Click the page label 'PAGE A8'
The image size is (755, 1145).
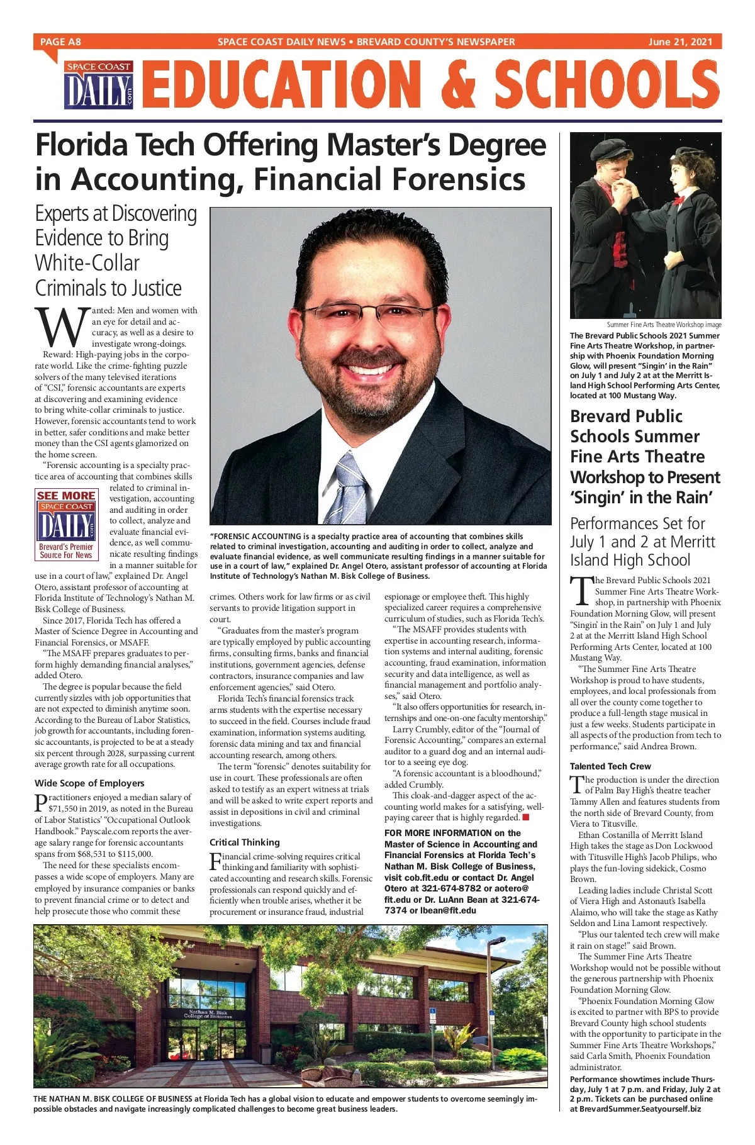click(x=60, y=42)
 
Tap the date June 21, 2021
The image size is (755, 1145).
click(x=680, y=42)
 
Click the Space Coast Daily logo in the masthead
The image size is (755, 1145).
click(x=99, y=86)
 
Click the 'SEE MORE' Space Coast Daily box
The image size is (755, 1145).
click(x=66, y=524)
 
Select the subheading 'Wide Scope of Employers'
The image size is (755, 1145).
click(x=89, y=783)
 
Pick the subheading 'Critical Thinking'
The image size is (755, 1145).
click(x=245, y=842)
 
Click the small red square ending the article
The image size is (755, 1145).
click(x=525, y=817)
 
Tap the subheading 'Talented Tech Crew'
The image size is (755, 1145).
click(x=610, y=766)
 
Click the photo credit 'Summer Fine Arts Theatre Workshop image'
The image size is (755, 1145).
click(x=664, y=325)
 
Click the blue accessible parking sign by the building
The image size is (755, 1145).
click(x=432, y=1014)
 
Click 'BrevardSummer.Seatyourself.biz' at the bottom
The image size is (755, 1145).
click(x=639, y=1126)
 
